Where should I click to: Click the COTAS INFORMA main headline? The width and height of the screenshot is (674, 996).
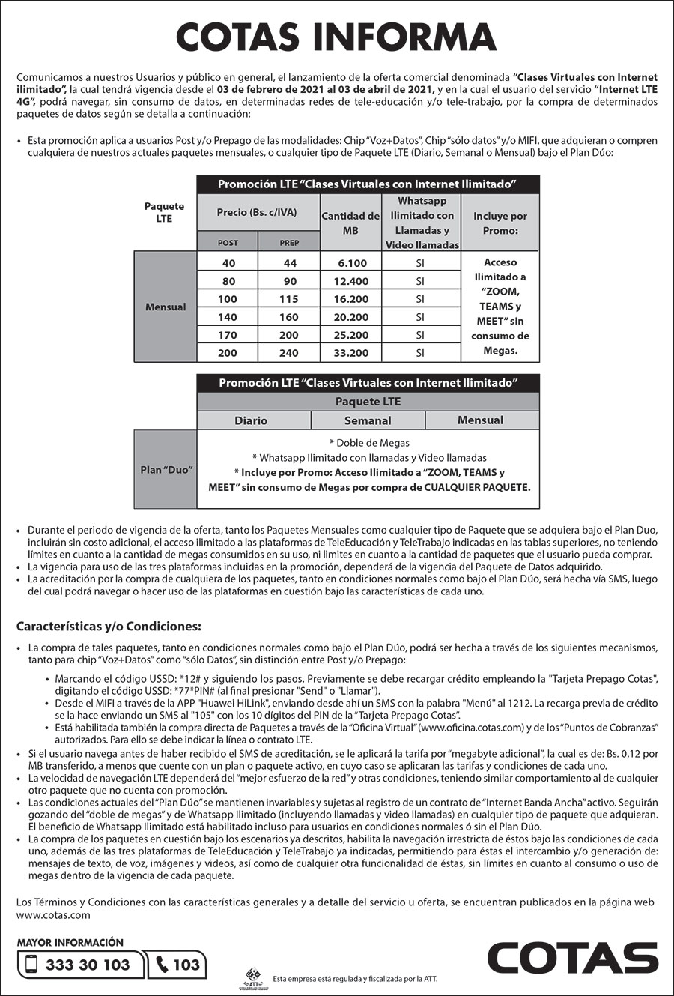pyautogui.click(x=336, y=37)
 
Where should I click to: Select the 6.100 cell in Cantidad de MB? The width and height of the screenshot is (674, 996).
pyautogui.click(x=351, y=263)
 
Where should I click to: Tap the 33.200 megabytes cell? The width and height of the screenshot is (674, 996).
pyautogui.click(x=351, y=353)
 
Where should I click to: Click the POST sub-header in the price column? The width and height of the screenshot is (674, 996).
pyautogui.click(x=228, y=243)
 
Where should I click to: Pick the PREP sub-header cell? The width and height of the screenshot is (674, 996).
pyautogui.click(x=289, y=243)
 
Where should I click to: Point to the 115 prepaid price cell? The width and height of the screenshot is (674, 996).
pyautogui.click(x=289, y=299)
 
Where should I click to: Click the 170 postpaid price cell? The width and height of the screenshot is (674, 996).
pyautogui.click(x=228, y=335)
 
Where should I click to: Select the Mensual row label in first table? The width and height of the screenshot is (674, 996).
pyautogui.click(x=166, y=307)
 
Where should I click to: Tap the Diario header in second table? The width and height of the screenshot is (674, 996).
pyautogui.click(x=251, y=420)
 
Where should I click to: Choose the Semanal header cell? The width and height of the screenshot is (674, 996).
pyautogui.click(x=368, y=420)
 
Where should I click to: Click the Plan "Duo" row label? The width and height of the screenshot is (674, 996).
pyautogui.click(x=166, y=469)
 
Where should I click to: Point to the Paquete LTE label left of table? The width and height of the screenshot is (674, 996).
pyautogui.click(x=164, y=212)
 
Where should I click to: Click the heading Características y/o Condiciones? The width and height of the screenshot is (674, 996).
pyautogui.click(x=109, y=626)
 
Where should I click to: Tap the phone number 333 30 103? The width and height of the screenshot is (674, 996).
pyautogui.click(x=88, y=965)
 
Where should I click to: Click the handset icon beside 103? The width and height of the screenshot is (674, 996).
pyautogui.click(x=162, y=965)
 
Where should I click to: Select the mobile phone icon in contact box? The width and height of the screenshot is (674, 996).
pyautogui.click(x=31, y=965)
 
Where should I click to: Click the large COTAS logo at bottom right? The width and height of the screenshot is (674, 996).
pyautogui.click(x=572, y=959)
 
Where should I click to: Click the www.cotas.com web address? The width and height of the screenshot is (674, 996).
pyautogui.click(x=53, y=915)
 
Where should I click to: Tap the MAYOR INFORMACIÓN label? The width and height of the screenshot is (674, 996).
pyautogui.click(x=70, y=942)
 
